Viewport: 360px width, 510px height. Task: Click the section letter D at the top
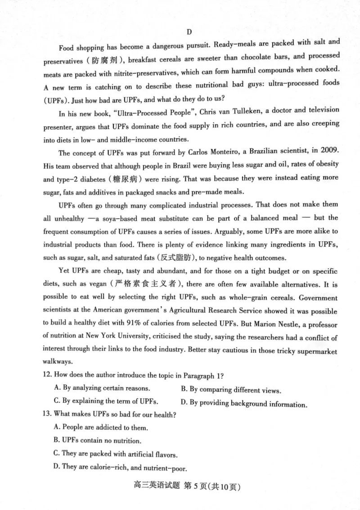(x=189, y=32)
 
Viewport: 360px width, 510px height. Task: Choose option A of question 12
(x=102, y=388)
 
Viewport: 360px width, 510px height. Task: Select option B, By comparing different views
(x=230, y=389)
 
